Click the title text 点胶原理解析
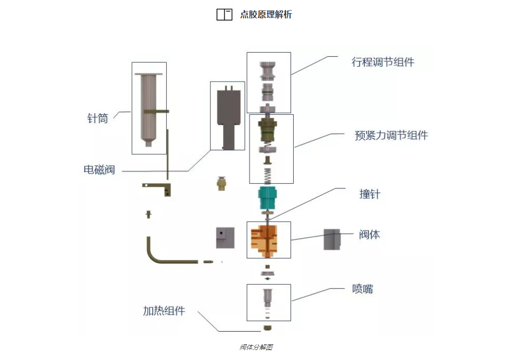tap(266, 15)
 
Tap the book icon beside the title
tap(224, 15)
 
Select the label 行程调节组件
tap(383, 62)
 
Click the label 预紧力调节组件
tap(391, 135)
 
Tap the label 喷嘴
tap(363, 288)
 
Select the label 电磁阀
tap(99, 170)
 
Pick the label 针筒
tap(97, 118)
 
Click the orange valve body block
tap(268, 240)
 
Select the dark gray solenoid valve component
tap(228, 117)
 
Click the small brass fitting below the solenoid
tap(222, 184)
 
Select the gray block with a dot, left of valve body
tap(224, 238)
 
